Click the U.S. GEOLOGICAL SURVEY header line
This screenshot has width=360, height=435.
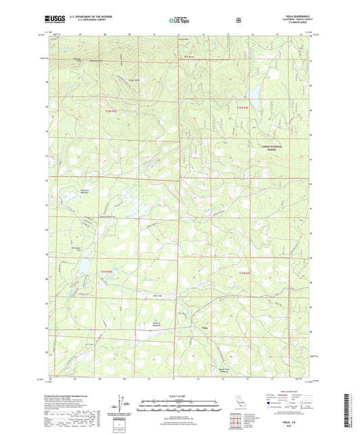coord(86,22)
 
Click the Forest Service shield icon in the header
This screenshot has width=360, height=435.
coord(238,20)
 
